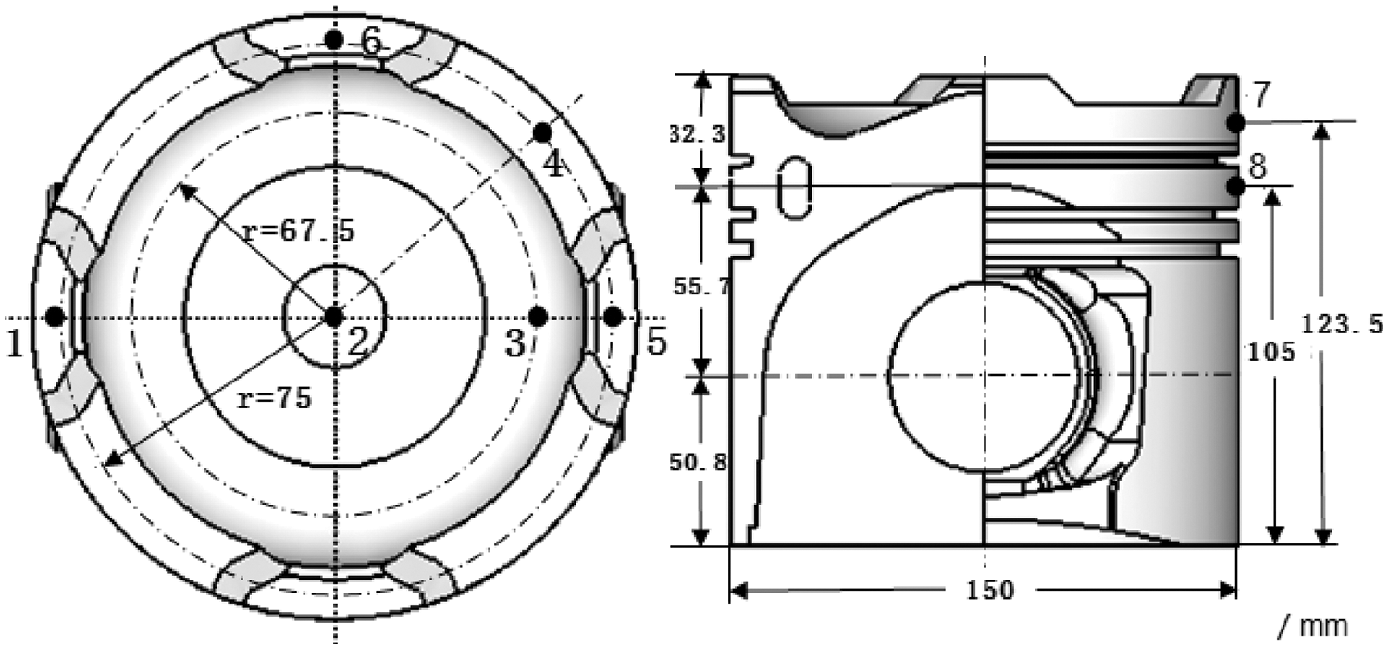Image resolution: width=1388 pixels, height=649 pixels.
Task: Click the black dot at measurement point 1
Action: point(56,317)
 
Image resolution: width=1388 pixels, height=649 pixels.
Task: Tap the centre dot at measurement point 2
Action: point(334,317)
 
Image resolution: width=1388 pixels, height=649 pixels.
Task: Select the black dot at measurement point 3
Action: point(538,317)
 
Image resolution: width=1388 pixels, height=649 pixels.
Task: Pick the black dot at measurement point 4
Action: point(542,132)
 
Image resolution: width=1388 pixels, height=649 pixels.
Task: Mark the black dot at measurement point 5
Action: point(613,317)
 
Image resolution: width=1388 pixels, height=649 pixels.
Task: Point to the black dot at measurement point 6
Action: point(334,40)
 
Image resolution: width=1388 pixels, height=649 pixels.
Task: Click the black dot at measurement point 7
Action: point(1236,123)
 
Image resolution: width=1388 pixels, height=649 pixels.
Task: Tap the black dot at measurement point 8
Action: point(1235,185)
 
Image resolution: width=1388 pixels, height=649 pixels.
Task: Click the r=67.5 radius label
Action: point(299,231)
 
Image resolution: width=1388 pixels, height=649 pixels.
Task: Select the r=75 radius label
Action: point(275,399)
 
